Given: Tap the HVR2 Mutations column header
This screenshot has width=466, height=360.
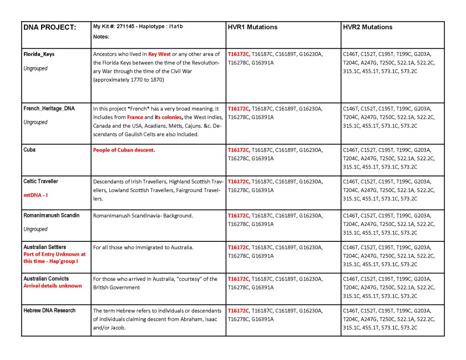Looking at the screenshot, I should point(368,27).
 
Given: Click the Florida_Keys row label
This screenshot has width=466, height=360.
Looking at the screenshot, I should point(39,54).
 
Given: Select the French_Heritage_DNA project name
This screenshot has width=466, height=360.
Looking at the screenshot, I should point(49,109).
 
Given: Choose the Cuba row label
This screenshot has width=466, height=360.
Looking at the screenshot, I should point(30,150).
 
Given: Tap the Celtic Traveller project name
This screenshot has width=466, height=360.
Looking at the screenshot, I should point(40,181).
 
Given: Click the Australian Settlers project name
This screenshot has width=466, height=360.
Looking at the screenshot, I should point(44,247).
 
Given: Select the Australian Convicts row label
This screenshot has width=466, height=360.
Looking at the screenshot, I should point(45,278).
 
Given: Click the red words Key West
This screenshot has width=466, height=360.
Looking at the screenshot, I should point(159,54).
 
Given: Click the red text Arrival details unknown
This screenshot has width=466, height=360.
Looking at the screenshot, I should point(52,286).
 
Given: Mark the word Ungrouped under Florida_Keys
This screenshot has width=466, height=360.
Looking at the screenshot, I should point(36,69).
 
